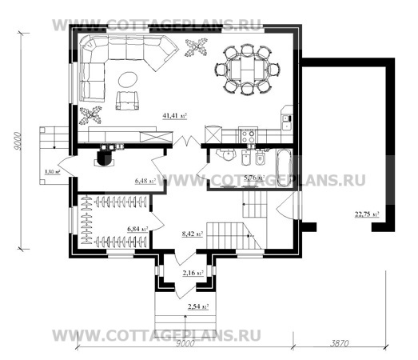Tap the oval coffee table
tap(127, 78)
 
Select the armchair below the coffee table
tap(125, 100)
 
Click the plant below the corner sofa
tap(90, 115)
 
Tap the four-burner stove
tap(249, 136)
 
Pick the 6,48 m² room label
tap(146, 181)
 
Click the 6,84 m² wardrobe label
tap(137, 230)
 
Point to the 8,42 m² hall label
tap(191, 234)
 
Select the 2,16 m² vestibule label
tap(192, 273)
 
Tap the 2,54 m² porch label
tap(197, 306)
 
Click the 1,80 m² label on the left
tap(50, 171)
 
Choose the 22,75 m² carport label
tap(367, 214)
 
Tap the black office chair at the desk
tap(104, 158)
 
